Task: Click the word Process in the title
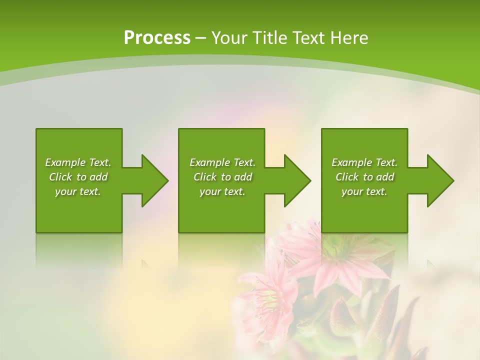point(157,38)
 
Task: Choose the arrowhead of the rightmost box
point(439,180)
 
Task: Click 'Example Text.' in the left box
point(78,162)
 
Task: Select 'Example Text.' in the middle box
point(222,162)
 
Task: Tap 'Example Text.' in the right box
point(364,162)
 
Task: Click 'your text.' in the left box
point(78,191)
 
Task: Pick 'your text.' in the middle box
point(222,191)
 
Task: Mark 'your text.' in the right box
point(364,191)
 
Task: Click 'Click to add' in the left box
point(78,177)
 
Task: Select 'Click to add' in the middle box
point(222,177)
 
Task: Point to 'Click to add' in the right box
point(364,177)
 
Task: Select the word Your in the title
point(229,38)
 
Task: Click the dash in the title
point(200,38)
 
